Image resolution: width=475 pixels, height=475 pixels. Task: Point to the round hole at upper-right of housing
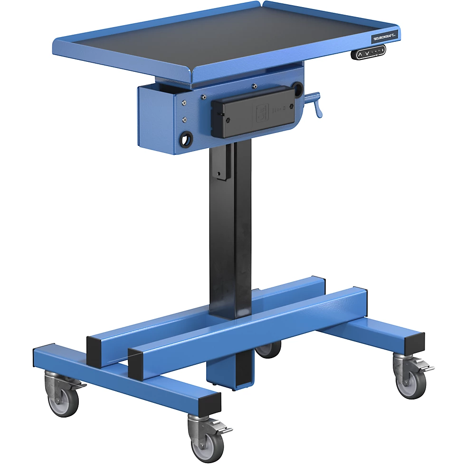pos(298,88)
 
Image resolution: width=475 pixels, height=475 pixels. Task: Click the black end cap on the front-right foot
pos(209,403)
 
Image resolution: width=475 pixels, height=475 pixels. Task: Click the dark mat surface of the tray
pos(223,43)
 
